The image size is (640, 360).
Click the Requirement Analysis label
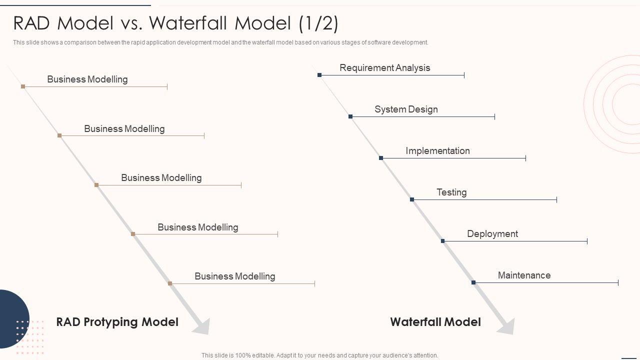(384, 68)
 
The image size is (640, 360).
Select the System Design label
(406, 109)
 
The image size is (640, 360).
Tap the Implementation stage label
(437, 151)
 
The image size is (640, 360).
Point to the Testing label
(451, 192)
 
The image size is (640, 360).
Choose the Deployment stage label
(492, 234)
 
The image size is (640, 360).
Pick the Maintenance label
(524, 275)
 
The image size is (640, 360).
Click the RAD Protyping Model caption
(117, 321)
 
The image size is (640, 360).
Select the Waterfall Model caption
(435, 322)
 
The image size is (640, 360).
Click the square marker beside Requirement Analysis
(319, 75)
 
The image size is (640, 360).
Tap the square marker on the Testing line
(412, 199)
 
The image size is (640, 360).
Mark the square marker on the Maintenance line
(473, 282)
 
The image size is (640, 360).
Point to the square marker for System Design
(350, 116)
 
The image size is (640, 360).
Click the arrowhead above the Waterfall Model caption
(506, 326)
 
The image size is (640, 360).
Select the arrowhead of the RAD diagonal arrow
(201, 326)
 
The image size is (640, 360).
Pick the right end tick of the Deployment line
(587, 241)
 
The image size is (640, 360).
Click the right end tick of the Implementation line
(525, 158)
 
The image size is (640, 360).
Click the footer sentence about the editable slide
(319, 355)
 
